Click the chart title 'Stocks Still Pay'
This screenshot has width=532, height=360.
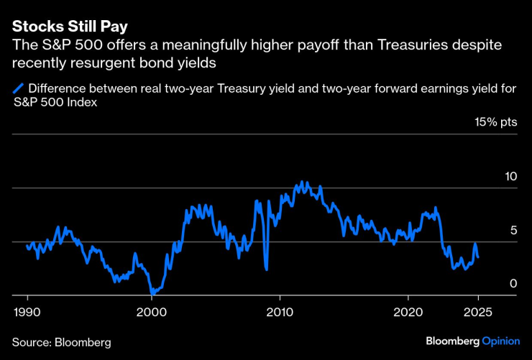69,27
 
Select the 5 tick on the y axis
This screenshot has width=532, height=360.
513,230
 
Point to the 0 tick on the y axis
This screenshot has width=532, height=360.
513,284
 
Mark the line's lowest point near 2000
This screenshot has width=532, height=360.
152,293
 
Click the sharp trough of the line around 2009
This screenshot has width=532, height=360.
267,269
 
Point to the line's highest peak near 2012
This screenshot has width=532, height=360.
302,182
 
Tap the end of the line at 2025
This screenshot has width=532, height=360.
478,257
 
